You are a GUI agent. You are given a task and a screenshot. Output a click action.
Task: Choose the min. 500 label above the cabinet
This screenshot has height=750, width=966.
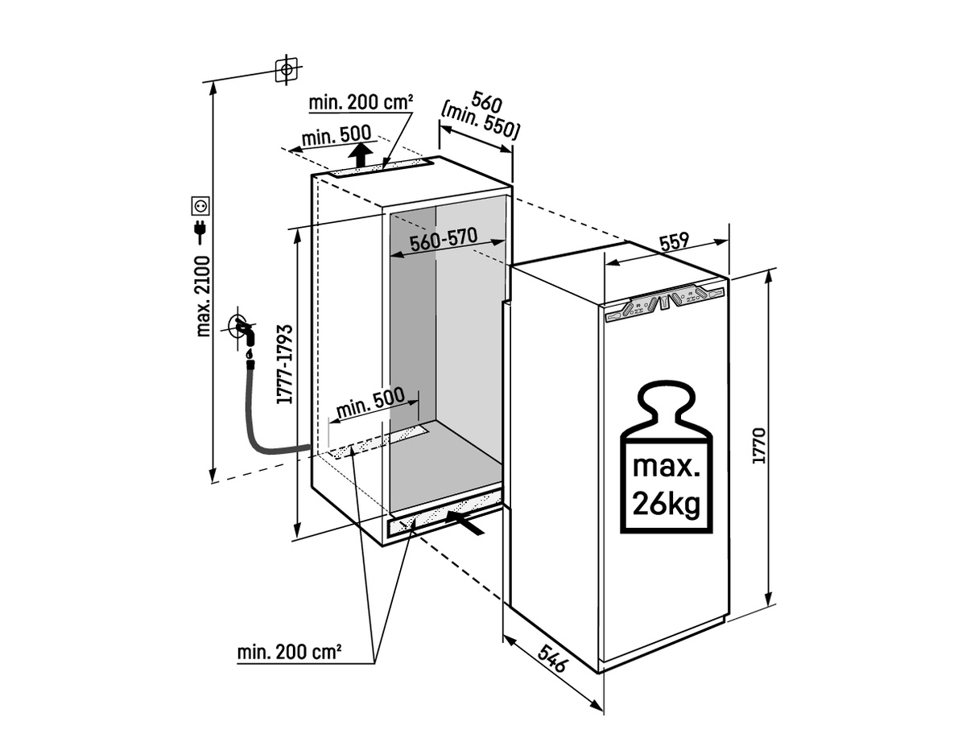pos(336,135)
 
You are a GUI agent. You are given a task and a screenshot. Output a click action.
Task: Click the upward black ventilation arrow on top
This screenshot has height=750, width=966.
pos(361,154)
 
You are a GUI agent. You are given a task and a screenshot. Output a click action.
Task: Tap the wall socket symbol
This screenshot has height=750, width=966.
pos(200,206)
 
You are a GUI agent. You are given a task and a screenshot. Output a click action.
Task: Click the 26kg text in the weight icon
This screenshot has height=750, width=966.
pos(666,505)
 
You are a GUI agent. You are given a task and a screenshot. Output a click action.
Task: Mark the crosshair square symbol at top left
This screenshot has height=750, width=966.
pos(284,70)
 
